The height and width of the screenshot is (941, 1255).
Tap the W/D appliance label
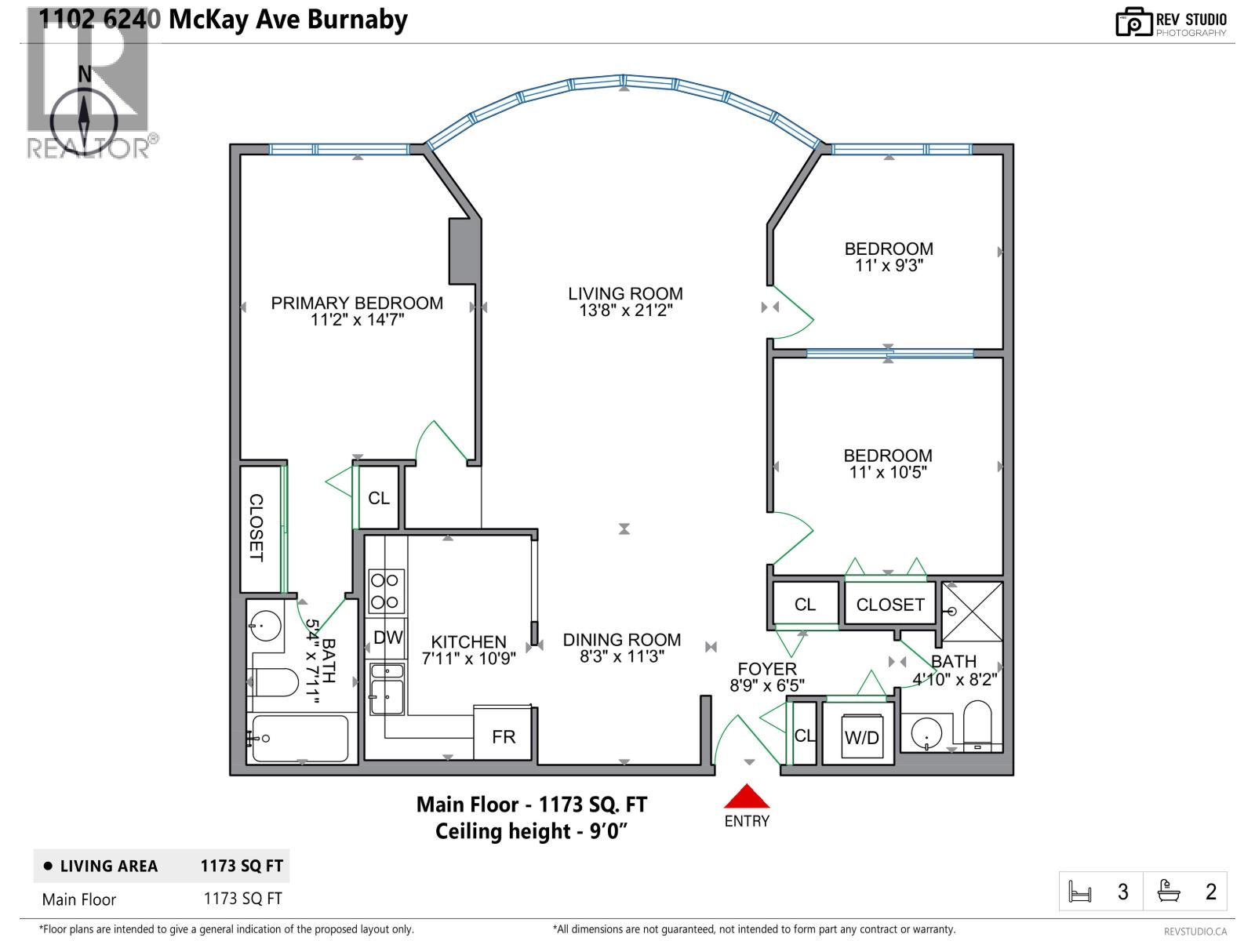861,738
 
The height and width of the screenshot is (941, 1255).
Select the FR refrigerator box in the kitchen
504,736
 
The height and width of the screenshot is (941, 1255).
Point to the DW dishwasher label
387,638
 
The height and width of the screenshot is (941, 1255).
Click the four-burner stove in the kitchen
386,591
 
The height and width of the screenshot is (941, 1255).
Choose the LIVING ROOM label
625,294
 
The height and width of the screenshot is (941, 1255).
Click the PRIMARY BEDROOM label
357,303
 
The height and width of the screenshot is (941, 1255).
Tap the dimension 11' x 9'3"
889,266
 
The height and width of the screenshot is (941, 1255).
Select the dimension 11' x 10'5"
888,472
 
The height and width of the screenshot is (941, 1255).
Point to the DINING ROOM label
622,640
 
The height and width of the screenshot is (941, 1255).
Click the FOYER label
767,669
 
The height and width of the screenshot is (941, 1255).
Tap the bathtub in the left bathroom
299,738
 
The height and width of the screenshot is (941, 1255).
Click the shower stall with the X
972,611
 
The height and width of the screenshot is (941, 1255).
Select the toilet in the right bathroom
977,725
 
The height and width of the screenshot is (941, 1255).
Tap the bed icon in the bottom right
1080,892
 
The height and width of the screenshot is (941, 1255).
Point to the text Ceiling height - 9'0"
532,831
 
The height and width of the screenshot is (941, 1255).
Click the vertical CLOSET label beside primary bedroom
256,528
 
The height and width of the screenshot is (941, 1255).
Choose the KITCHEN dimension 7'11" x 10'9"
468,659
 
